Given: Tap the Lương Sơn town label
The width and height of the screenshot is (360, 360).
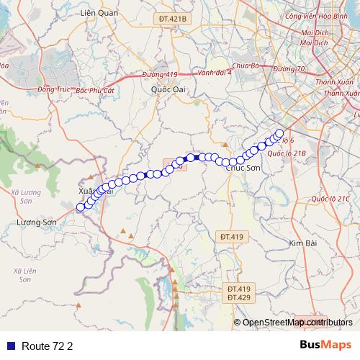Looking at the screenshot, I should tap(35, 223).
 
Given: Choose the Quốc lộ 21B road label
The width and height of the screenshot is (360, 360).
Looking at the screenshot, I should tap(287, 153).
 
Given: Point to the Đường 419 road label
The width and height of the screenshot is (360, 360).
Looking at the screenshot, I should tap(159, 74).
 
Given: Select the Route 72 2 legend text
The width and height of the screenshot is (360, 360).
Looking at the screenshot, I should tap(48, 346).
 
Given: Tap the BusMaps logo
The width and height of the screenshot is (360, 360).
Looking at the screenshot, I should tap(325, 345).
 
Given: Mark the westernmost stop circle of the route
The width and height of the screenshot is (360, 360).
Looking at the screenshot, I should tap(80, 207).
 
